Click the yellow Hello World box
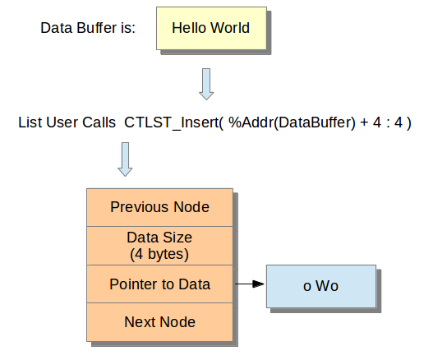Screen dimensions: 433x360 click(x=211, y=28)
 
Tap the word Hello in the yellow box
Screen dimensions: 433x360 click(x=189, y=28)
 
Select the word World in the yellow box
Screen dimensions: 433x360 click(x=230, y=28)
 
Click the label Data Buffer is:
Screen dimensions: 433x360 click(x=88, y=28)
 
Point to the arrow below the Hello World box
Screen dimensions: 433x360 click(x=206, y=84)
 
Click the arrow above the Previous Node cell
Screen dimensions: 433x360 click(x=125, y=159)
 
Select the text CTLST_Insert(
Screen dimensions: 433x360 click(x=173, y=122)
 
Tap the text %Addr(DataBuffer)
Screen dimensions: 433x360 click(x=292, y=122)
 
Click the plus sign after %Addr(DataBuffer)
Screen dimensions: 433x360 click(x=364, y=122)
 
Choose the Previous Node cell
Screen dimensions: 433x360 click(x=160, y=207)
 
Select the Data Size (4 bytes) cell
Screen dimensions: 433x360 click(x=160, y=246)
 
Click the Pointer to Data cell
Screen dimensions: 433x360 click(x=160, y=284)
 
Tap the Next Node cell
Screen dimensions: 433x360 click(x=160, y=322)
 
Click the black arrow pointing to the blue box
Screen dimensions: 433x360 click(x=249, y=284)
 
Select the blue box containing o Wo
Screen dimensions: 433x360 click(x=321, y=286)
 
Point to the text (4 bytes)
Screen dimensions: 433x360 click(x=159, y=254)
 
